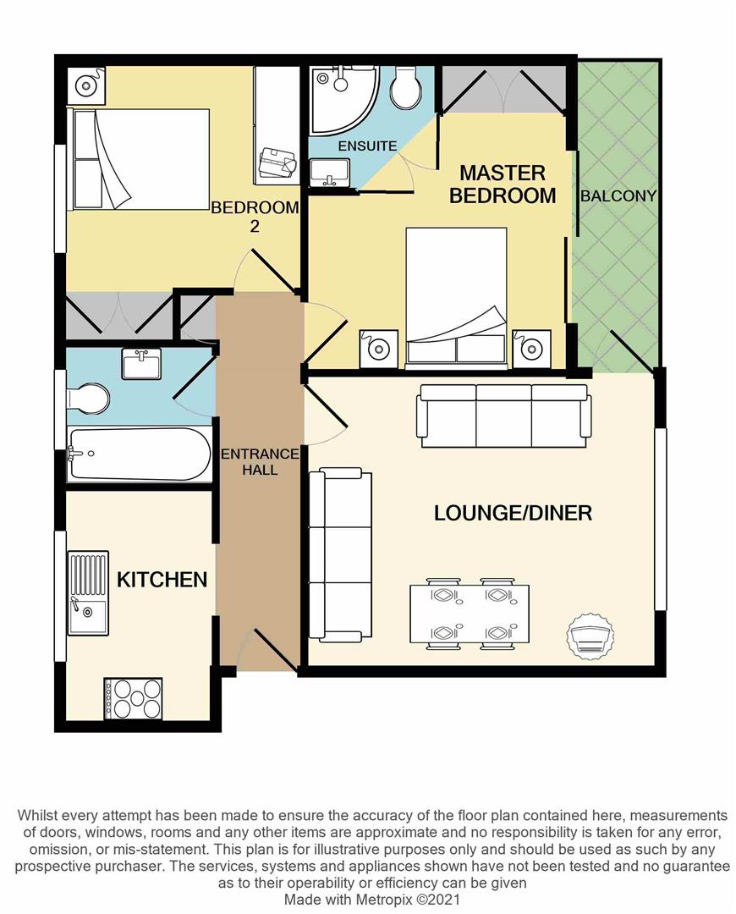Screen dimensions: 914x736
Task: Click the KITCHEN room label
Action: click(x=162, y=580)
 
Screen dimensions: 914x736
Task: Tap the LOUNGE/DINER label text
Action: click(x=513, y=513)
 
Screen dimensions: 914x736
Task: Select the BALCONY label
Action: click(x=618, y=195)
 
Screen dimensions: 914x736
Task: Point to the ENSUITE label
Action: click(x=367, y=146)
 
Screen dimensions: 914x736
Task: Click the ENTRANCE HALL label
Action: click(x=260, y=461)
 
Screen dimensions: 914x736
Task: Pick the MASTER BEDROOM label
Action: click(x=503, y=184)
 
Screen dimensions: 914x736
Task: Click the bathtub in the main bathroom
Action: click(x=140, y=454)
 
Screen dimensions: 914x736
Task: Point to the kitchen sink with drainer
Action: click(x=88, y=592)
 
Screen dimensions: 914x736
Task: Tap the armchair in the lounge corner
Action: click(x=589, y=633)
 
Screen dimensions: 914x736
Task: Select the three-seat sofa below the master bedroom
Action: click(x=503, y=415)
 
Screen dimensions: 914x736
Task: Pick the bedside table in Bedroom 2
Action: click(x=87, y=85)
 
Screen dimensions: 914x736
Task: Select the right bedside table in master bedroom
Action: click(x=531, y=348)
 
